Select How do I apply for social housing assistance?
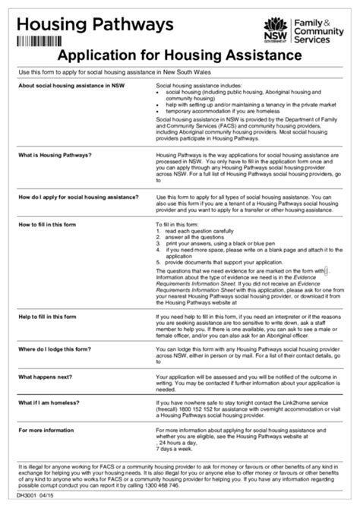(78, 197)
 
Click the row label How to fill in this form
(47, 226)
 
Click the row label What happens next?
(46, 377)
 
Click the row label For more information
(47, 431)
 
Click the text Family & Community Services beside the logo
(318, 30)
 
